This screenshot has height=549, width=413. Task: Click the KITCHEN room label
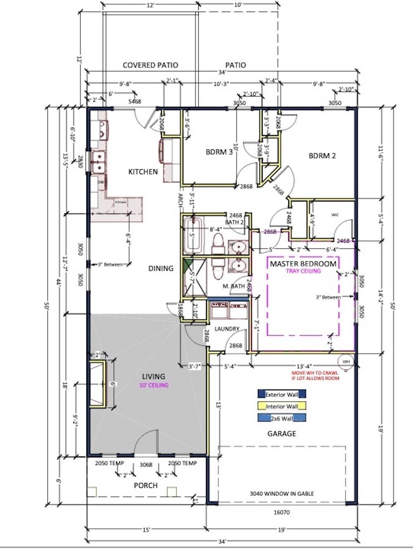coord(143,172)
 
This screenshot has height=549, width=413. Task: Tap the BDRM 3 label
coord(219,152)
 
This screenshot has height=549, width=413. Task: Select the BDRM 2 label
coord(322,156)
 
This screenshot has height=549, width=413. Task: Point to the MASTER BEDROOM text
coord(303,264)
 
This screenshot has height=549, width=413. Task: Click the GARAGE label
coord(282,433)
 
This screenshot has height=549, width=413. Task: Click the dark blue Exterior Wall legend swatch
coord(282,394)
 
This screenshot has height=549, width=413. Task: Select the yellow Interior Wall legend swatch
coord(282,406)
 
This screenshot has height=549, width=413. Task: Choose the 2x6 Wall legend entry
coord(282,418)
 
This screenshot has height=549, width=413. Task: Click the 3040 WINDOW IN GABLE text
coord(282,493)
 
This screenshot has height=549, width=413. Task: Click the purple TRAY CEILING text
coord(303,271)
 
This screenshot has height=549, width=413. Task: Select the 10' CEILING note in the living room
coord(154,385)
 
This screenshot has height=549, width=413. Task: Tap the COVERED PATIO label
coord(150,65)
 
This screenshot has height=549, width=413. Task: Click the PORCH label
coord(145,485)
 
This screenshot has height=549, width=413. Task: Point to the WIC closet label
coord(335,215)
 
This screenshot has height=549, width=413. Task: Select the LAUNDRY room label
coord(227,329)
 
